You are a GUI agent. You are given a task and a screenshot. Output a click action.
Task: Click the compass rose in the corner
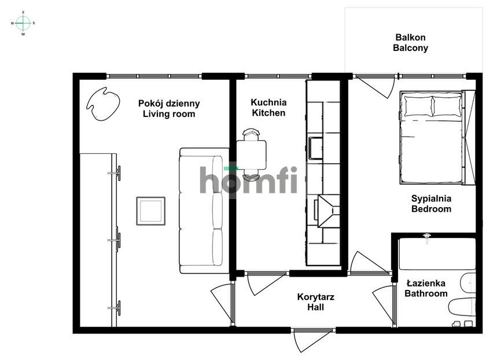[23, 23]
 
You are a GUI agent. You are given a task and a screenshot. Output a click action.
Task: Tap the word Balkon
[410, 38]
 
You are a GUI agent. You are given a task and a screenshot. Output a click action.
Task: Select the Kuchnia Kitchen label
[268, 108]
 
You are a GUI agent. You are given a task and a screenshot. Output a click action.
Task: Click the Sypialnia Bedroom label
[431, 204]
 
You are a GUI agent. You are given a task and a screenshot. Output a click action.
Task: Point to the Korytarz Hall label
[316, 302]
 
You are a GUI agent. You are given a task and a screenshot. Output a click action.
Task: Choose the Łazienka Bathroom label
[426, 288]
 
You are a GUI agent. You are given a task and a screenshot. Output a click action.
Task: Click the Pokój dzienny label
[169, 104]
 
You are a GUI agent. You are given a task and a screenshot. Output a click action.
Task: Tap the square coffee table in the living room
[151, 211]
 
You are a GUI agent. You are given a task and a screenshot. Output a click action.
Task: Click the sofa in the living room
[204, 211]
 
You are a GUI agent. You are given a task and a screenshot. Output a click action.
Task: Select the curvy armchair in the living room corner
[103, 104]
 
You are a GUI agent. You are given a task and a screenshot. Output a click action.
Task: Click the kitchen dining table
[251, 155]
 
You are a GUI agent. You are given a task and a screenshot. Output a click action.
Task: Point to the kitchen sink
[316, 148]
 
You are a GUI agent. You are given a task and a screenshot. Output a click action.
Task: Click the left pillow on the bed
[418, 106]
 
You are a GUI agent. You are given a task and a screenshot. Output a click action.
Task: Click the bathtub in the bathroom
[437, 254]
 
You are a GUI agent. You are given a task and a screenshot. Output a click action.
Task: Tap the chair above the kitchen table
[251, 134]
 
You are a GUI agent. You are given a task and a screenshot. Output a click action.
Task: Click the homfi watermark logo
[249, 180]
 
